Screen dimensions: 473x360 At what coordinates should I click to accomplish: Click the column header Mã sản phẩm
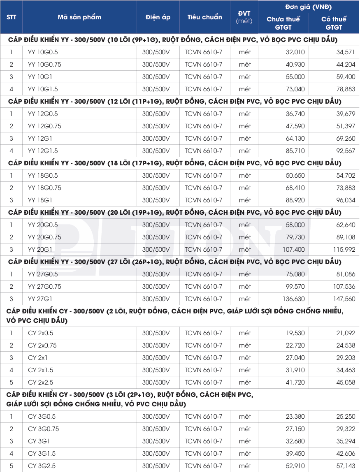(79, 17)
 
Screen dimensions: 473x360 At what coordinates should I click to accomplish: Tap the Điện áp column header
(158, 17)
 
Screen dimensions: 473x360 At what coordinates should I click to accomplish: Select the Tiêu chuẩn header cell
(204, 17)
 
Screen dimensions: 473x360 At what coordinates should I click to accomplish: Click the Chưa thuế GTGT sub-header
(283, 23)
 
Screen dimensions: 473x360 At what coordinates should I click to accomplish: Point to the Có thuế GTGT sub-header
(334, 23)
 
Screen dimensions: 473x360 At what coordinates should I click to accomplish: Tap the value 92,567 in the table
(346, 151)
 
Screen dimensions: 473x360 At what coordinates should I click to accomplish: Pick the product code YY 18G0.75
(44, 188)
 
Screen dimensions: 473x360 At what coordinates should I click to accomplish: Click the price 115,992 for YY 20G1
(344, 250)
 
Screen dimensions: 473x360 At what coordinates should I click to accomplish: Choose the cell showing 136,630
(294, 299)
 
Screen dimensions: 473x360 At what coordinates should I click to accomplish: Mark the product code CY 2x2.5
(40, 383)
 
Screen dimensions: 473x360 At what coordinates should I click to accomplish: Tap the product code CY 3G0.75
(43, 429)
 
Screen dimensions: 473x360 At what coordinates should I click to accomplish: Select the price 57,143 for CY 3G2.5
(346, 466)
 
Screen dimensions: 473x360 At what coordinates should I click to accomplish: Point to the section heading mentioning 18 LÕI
(174, 163)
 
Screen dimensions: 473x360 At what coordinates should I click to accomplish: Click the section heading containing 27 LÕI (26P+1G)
(174, 262)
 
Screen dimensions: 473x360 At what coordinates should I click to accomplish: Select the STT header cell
(11, 17)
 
